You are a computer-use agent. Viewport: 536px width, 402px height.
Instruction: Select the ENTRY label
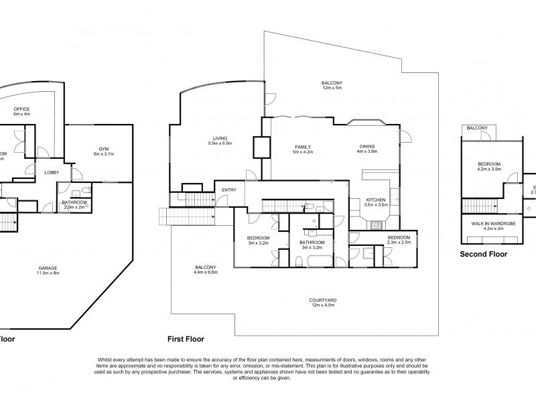pos(229,190)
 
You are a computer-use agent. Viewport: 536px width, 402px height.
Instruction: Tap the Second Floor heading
pos(482,255)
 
